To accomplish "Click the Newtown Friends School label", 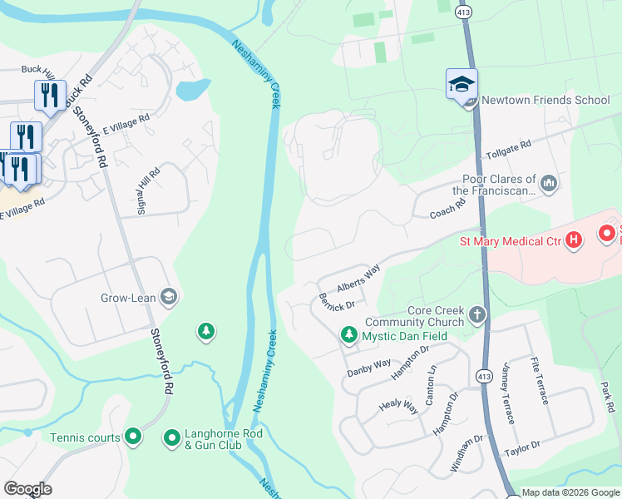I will pyautogui.click(x=546, y=100).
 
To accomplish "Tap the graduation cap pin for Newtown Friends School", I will pyautogui.click(x=462, y=84).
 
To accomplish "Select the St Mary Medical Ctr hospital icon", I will pyautogui.click(x=573, y=242).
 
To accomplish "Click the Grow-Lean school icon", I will pyautogui.click(x=170, y=297).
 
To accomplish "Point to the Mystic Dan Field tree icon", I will pyautogui.click(x=349, y=336).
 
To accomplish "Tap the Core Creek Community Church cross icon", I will pyautogui.click(x=476, y=315).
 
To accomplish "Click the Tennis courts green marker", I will pyautogui.click(x=133, y=437).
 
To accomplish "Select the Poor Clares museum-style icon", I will pyautogui.click(x=549, y=182).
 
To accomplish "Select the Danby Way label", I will pyautogui.click(x=369, y=365).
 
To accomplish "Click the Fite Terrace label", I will pyautogui.click(x=539, y=380).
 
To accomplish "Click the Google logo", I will pyautogui.click(x=28, y=489).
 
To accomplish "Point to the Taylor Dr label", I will pyautogui.click(x=523, y=449).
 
